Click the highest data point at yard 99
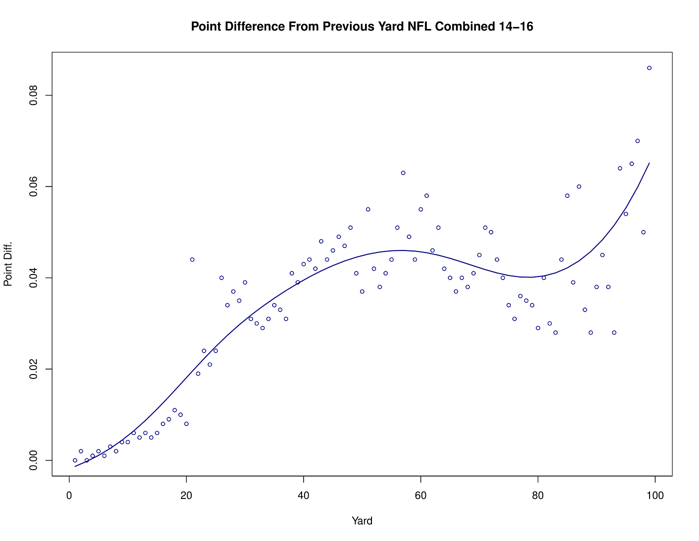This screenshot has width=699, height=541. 649,68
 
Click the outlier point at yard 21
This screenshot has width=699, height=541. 192,259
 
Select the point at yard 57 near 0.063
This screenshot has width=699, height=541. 403,173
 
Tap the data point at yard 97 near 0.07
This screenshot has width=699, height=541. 638,141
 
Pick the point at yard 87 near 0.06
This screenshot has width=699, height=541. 579,186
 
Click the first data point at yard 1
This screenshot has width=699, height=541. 75,460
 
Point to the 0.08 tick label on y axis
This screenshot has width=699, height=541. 33,95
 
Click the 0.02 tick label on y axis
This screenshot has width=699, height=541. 33,369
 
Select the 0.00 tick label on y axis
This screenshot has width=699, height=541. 33,460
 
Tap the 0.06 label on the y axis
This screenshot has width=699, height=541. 33,186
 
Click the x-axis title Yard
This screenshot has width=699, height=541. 362,521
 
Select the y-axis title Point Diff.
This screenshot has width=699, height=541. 8,264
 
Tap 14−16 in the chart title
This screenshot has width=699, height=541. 515,26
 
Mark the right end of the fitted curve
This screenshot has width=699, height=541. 649,163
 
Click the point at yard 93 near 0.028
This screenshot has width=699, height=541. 614,332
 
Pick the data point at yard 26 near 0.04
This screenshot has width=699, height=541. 222,278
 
